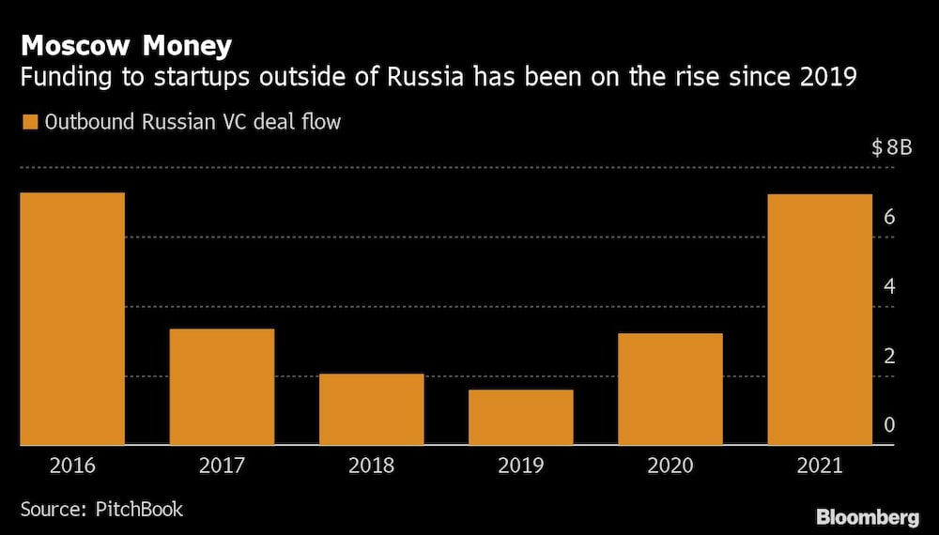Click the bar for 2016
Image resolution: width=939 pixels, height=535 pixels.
click(72, 318)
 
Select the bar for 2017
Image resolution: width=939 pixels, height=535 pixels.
click(222, 386)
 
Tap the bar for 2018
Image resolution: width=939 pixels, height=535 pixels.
click(372, 408)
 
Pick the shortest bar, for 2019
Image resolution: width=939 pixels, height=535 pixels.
click(521, 417)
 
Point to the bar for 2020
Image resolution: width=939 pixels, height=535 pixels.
click(670, 389)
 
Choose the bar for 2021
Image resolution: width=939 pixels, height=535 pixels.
click(820, 319)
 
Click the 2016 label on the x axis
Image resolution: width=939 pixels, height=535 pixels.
click(72, 466)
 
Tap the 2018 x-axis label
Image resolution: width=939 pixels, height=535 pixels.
click(372, 466)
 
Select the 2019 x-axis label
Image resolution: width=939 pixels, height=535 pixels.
click(521, 466)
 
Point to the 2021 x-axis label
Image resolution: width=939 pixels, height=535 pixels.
click(820, 466)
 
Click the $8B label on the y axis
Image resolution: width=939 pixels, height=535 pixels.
click(890, 147)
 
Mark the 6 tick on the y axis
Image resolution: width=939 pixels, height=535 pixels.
click(889, 217)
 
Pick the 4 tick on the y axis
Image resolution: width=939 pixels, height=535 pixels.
click(889, 286)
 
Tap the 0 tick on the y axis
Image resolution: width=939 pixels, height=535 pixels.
click(889, 425)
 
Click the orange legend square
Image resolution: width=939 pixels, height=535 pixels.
click(28, 122)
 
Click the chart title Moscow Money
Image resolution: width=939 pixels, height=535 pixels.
click(127, 45)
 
